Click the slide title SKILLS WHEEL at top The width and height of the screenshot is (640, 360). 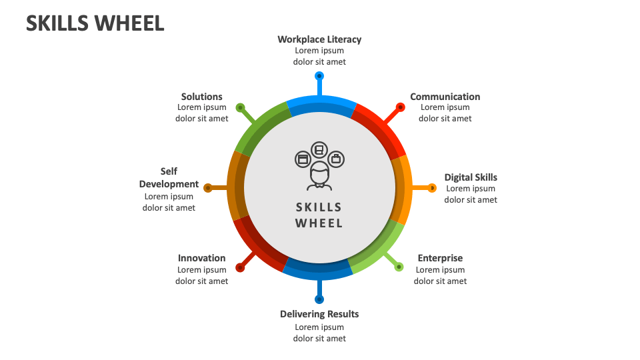tap(95, 23)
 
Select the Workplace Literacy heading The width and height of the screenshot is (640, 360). tap(319, 39)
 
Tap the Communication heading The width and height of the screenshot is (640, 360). tap(445, 97)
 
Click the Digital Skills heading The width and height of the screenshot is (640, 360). tap(471, 177)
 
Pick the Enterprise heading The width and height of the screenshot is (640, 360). tap(440, 258)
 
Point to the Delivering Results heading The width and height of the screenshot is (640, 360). tap(319, 314)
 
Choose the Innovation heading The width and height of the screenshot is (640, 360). tap(201, 258)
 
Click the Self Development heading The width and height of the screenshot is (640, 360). tap(169, 178)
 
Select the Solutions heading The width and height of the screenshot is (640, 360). tap(201, 97)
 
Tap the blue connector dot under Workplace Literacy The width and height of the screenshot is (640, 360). tap(319, 75)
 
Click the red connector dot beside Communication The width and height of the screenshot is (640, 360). tap(400, 107)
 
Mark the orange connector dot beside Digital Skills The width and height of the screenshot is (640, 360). tap(432, 188)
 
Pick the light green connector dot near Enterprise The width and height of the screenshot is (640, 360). tap(399, 267)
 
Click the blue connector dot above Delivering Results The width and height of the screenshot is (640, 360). tap(319, 299)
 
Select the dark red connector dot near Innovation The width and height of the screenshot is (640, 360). tap(240, 267)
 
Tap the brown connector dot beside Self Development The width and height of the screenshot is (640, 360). tap(207, 188)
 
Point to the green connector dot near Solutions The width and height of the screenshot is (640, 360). tap(240, 107)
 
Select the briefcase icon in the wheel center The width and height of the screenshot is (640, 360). tap(336, 159)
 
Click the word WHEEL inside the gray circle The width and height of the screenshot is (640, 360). tap(319, 223)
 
